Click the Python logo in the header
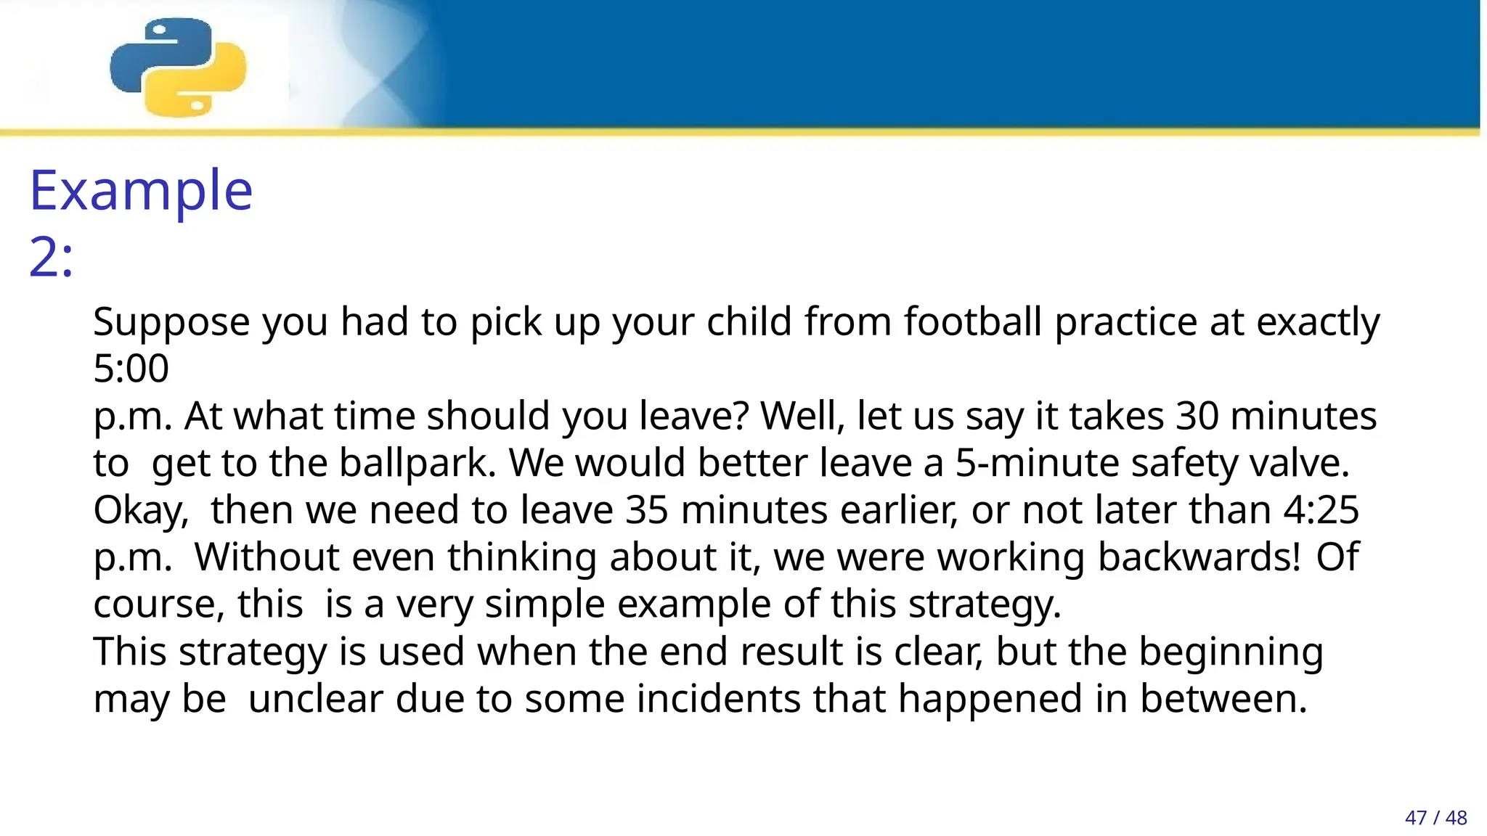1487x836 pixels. tap(178, 67)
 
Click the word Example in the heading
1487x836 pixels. tap(141, 190)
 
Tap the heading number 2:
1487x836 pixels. tap(51, 257)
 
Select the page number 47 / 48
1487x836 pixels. tap(1435, 818)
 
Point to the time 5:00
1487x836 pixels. tap(131, 368)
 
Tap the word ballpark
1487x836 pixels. tap(417, 462)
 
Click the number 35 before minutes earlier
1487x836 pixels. tap(646, 509)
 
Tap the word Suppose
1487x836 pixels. tap(171, 323)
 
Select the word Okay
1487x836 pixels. tap(141, 511)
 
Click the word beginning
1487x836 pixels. tap(1231, 652)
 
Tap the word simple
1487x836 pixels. tap(545, 605)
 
